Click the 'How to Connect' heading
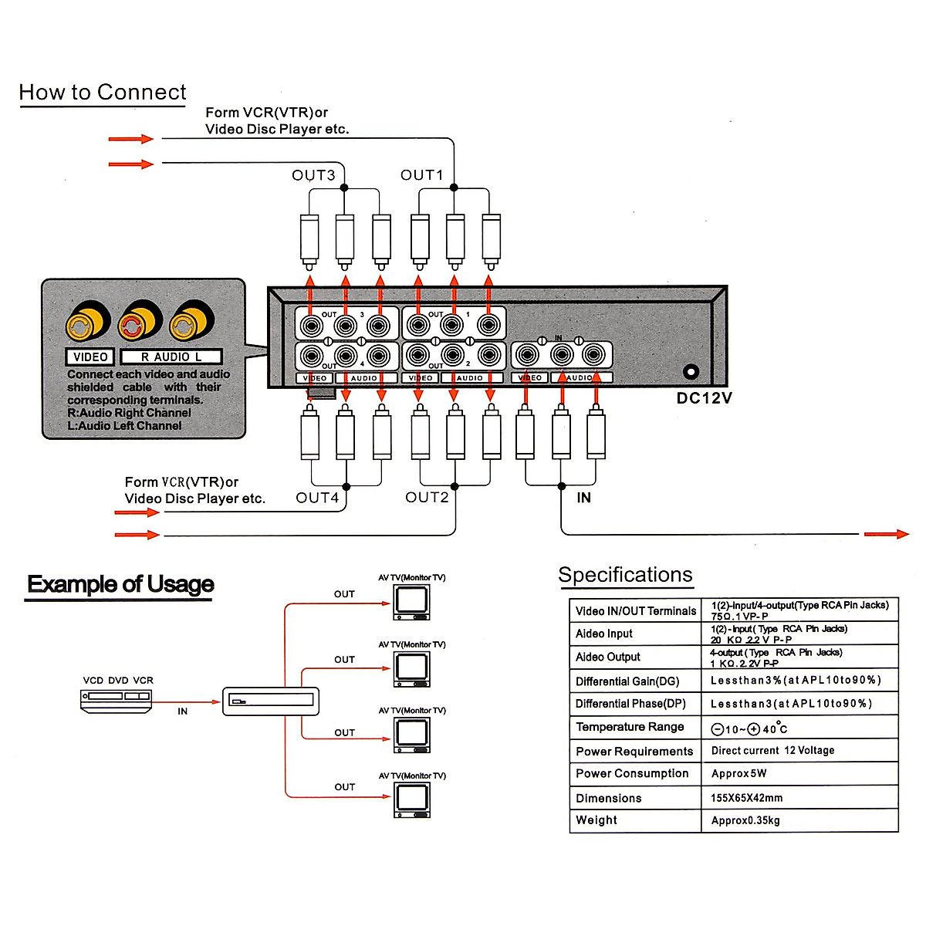point(103,93)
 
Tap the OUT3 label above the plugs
point(313,175)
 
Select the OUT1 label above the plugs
point(422,175)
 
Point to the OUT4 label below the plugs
point(317,498)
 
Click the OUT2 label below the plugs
point(427,498)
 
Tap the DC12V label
point(704,398)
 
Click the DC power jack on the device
point(691,372)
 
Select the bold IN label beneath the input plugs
point(584,498)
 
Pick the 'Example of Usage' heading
point(120,584)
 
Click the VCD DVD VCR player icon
point(117,700)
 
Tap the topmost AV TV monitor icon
point(412,602)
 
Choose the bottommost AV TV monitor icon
point(412,799)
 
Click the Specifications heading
point(625,575)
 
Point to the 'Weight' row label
point(596,820)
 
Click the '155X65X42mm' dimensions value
point(746,798)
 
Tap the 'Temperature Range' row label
point(630,727)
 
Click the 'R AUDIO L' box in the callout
point(171,357)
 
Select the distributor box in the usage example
point(271,701)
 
